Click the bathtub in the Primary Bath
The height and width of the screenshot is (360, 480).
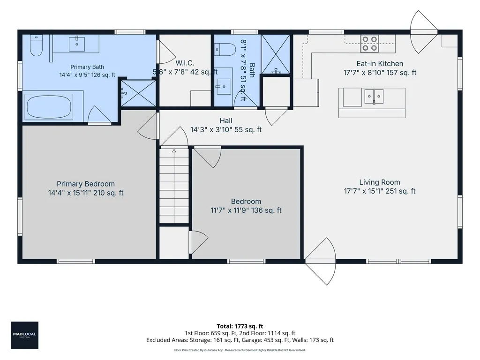(x=49, y=107)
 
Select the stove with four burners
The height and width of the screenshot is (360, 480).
(x=369, y=44)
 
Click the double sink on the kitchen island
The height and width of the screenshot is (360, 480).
(x=374, y=97)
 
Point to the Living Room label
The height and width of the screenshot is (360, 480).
(x=380, y=182)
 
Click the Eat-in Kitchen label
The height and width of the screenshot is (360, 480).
(x=380, y=64)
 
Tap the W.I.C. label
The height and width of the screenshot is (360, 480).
(x=185, y=63)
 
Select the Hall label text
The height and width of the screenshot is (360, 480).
(x=226, y=120)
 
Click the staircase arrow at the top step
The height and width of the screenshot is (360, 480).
(x=174, y=150)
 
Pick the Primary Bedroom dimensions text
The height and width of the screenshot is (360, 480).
(x=86, y=193)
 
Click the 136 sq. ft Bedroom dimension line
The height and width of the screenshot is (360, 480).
(x=246, y=210)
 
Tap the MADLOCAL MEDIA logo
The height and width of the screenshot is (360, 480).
(x=24, y=335)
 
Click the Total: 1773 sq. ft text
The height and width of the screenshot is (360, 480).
(x=240, y=326)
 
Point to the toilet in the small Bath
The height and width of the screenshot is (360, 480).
(x=225, y=50)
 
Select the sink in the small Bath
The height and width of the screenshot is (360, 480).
(x=224, y=87)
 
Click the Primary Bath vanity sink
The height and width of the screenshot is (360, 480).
(x=76, y=44)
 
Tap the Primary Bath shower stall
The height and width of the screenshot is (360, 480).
(x=138, y=93)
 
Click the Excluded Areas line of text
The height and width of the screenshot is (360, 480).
(x=240, y=340)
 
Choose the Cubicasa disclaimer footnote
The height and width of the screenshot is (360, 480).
(x=240, y=350)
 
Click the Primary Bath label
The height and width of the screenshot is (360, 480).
(x=87, y=67)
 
